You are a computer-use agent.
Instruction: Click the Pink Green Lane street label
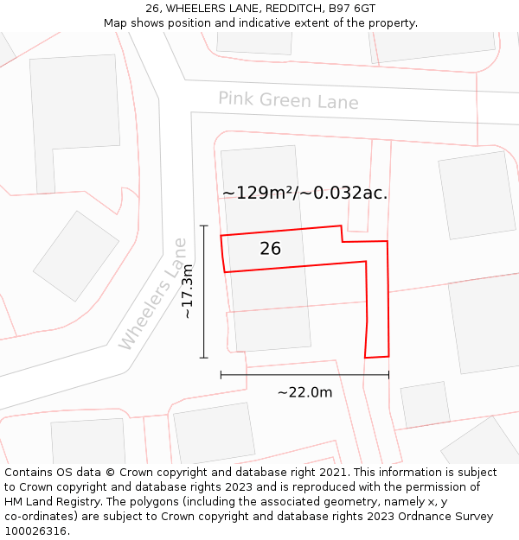pyautogui.click(x=287, y=100)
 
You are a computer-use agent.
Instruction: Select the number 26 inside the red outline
pyautogui.click(x=270, y=249)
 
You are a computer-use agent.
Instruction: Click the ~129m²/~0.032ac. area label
pyautogui.click(x=304, y=193)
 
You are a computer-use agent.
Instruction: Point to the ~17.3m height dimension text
pyautogui.click(x=188, y=292)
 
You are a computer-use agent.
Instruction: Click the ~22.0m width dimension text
pyautogui.click(x=304, y=392)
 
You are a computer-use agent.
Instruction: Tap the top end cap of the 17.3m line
pyautogui.click(x=204, y=226)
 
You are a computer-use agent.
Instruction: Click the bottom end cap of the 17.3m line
pyautogui.click(x=204, y=357)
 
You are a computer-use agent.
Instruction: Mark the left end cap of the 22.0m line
pyautogui.click(x=221, y=374)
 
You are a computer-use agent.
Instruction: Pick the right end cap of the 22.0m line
pyautogui.click(x=388, y=374)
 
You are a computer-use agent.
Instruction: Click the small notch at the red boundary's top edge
pyautogui.click(x=342, y=234)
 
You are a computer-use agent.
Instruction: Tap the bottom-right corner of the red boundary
pyautogui.click(x=388, y=355)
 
